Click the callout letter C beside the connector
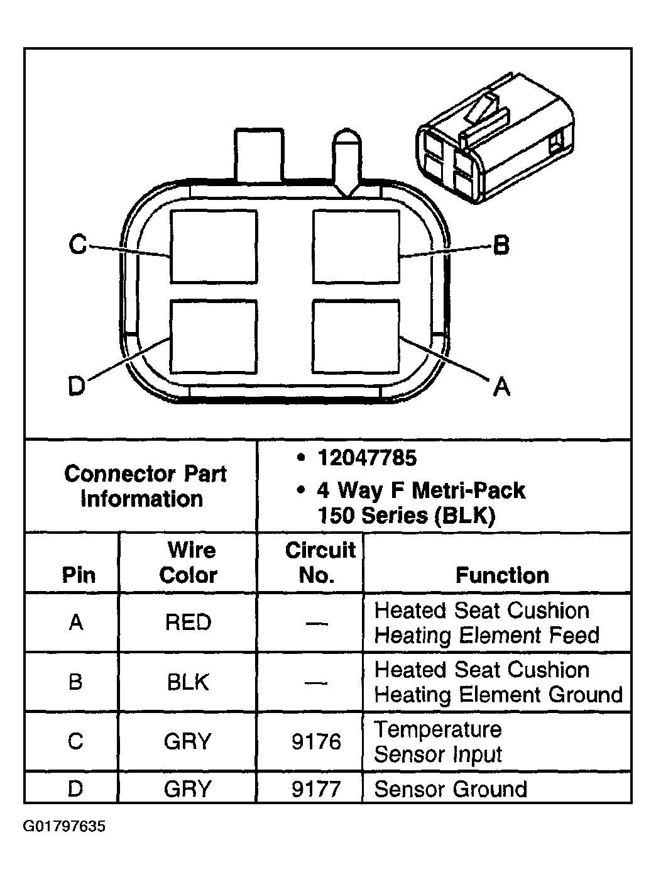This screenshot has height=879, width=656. pos(78,244)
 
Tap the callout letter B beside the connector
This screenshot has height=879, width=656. pos(500,245)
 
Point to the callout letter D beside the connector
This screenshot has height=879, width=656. pos(77,385)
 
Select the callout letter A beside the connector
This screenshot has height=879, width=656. pos(501,386)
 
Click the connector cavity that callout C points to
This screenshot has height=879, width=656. pos(214,246)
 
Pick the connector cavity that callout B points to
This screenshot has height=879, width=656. pos(356,246)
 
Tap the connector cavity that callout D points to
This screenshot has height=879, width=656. pos(214,336)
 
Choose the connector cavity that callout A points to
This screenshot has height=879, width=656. pos(356,336)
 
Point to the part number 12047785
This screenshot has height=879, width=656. pos(367,458)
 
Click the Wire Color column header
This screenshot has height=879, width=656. pos(189,562)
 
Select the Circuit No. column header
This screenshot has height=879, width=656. pos(320,562)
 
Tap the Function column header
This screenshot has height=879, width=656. pos(502,575)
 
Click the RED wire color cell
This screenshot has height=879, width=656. pos(188,622)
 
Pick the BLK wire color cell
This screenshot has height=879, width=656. pos(188,682)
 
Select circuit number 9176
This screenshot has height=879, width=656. pos(316,742)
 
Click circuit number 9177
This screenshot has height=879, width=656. pos(316,788)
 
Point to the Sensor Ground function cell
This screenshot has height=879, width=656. pos(451,789)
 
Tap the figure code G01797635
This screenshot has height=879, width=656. pos(64,826)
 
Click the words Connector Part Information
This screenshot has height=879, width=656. pos(145,485)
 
